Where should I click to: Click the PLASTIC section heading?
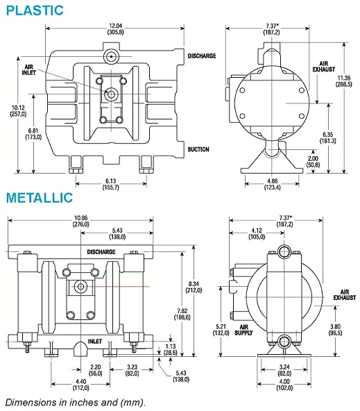coord(35,10)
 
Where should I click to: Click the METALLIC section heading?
coord(40,198)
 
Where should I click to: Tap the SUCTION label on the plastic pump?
coord(198,149)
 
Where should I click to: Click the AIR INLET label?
coord(29,69)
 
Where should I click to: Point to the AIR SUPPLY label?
coord(243,330)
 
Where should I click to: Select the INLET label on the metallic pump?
coord(95,342)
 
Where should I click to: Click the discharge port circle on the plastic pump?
coord(111,56)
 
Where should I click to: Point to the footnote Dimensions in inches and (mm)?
coord(76,403)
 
